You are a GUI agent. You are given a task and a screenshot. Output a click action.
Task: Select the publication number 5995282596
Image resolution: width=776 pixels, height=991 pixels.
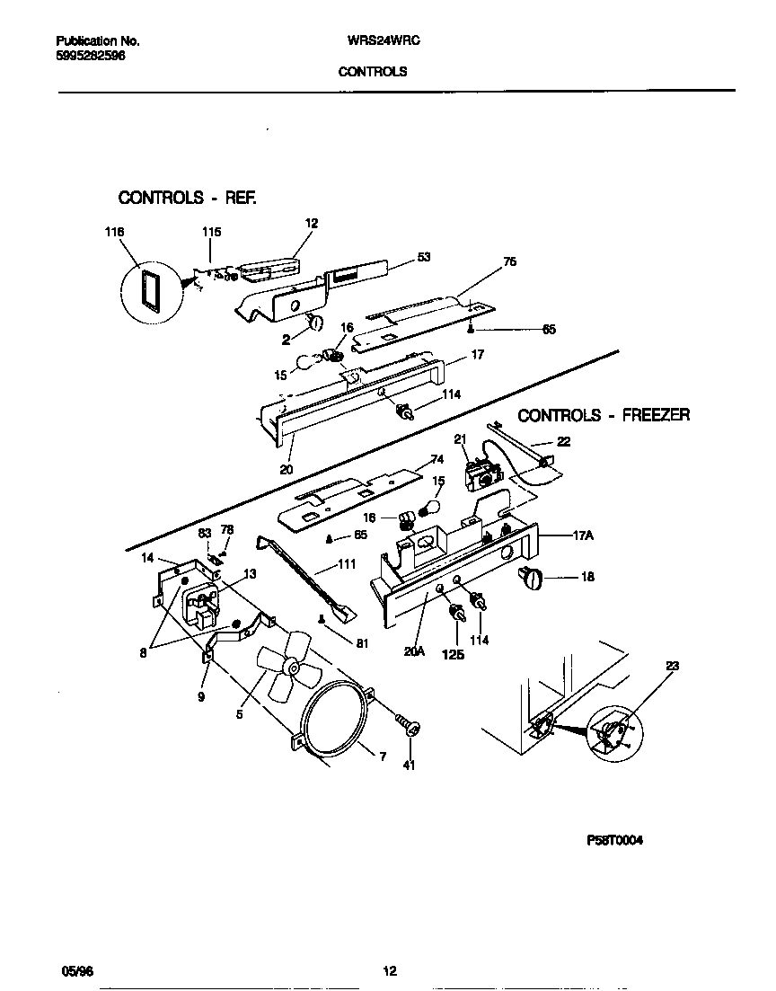(x=90, y=55)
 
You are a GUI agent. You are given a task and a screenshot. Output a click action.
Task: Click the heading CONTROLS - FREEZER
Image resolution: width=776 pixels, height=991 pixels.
(x=604, y=415)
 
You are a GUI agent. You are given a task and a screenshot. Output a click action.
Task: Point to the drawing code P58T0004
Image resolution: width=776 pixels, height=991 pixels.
(x=614, y=840)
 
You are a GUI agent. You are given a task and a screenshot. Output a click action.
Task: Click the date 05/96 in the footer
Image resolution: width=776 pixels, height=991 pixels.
(x=74, y=970)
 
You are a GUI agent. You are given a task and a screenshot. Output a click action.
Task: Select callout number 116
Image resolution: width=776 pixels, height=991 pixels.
(x=112, y=232)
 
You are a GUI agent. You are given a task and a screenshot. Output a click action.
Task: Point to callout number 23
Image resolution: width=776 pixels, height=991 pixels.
(x=673, y=666)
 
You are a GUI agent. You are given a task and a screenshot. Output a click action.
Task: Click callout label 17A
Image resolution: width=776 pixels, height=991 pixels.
(x=585, y=535)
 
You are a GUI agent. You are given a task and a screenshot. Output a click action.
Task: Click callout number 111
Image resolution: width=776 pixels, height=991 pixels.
(x=345, y=564)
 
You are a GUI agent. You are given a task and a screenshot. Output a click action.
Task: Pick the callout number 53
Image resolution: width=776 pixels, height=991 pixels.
(x=424, y=257)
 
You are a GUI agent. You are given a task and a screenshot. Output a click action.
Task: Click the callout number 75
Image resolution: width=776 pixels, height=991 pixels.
(x=509, y=261)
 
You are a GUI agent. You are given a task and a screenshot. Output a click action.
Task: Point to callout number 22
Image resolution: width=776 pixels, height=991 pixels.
(x=563, y=440)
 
